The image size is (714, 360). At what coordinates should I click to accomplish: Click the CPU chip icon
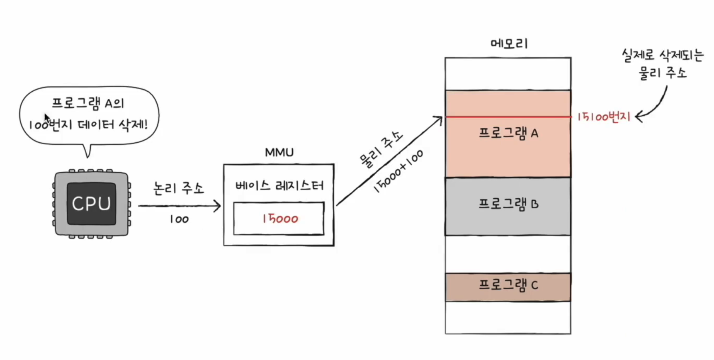coord(91,203)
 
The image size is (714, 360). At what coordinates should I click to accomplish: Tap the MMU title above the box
coord(279,153)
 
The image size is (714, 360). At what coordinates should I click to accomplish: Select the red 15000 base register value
coord(280,219)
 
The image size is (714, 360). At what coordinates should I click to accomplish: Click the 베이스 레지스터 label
coord(279,185)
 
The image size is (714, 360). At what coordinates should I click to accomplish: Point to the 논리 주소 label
coord(179,188)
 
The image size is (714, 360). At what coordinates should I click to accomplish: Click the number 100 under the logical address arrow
coord(179,219)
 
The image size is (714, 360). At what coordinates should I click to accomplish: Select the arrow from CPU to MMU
coord(179,206)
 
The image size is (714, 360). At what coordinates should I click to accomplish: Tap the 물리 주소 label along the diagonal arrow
coord(381,149)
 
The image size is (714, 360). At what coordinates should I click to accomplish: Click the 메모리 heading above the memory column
coord(509,44)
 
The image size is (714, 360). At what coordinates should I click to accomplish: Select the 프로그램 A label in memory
coord(508,133)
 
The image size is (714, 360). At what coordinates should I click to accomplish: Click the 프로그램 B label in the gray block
coord(508,204)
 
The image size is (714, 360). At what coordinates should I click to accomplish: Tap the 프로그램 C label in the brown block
coord(508,285)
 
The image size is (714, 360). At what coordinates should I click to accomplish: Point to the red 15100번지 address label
coord(604,117)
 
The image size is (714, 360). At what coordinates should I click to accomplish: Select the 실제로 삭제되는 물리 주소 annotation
coord(663,64)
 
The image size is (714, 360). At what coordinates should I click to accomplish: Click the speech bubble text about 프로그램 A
coord(88,114)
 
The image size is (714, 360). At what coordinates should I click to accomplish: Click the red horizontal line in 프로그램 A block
coord(508,117)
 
